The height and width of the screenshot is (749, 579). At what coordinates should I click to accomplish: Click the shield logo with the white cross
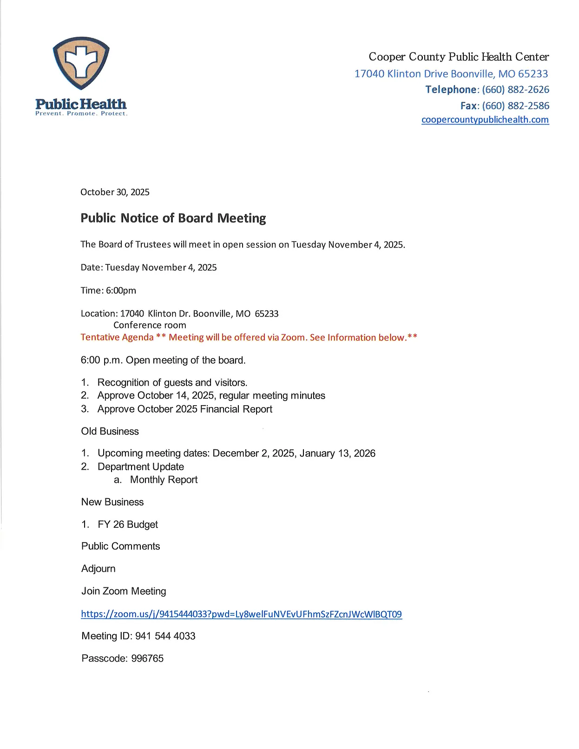81,63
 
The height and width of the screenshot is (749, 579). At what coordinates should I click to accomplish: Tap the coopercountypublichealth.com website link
485,120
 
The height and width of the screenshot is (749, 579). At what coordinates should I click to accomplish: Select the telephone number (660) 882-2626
515,90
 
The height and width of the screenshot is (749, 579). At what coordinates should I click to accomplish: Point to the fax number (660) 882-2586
515,106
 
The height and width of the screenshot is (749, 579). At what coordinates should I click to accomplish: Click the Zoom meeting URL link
241,614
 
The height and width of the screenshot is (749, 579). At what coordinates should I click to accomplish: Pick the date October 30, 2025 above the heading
115,192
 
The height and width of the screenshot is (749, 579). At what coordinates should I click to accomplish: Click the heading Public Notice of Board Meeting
173,218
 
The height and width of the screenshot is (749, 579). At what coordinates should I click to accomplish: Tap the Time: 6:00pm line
108,291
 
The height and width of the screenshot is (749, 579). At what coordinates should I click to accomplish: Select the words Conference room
150,325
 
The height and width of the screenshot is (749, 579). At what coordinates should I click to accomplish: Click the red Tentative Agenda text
117,337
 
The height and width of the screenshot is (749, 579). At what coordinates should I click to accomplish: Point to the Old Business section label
110,432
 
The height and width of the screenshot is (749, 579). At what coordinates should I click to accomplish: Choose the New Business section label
112,502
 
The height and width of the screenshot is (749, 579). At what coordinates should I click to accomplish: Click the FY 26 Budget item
128,525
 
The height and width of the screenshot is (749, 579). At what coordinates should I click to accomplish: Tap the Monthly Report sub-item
164,480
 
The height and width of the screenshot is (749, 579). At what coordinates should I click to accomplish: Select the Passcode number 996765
147,659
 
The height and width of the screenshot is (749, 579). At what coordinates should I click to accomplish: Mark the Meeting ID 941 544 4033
165,636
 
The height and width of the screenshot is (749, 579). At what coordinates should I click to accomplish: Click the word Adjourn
99,569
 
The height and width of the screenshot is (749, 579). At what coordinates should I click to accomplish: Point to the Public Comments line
120,546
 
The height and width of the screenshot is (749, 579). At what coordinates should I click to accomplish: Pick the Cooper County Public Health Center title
459,57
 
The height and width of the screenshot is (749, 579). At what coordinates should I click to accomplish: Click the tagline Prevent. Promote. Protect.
81,114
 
